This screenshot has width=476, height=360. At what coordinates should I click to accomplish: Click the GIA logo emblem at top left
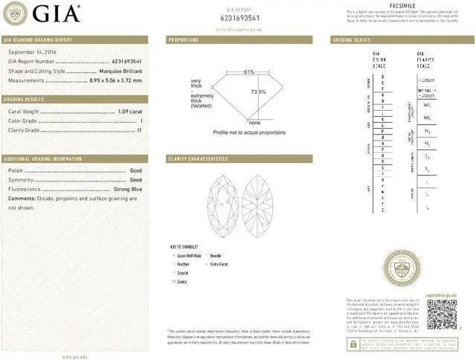[x=16, y=13]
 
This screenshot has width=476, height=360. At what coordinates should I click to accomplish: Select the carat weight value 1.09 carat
[x=129, y=112]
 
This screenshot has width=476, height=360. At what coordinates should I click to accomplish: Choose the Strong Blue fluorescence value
[x=125, y=190]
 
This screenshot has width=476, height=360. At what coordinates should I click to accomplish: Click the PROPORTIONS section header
[x=184, y=39]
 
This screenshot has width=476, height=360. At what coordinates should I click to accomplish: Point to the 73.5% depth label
[x=258, y=91]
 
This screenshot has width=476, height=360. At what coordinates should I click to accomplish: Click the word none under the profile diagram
[x=254, y=122]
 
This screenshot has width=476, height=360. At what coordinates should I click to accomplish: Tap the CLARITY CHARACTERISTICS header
[x=198, y=158]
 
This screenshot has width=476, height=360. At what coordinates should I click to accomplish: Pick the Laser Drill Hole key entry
[x=190, y=255]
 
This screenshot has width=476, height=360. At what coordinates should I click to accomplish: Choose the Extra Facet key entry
[x=219, y=264]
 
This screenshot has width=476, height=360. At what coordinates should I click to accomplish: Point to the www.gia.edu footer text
[x=72, y=356]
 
